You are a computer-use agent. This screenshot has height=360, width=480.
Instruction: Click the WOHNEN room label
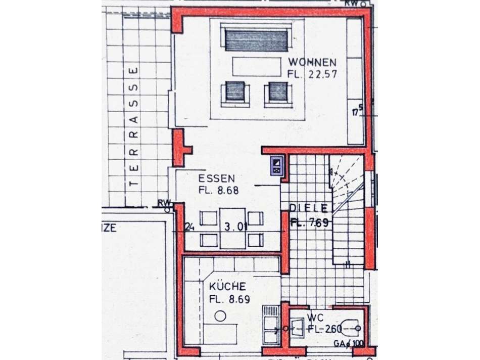click(312, 63)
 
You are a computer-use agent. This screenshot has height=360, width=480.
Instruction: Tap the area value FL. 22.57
click(312, 74)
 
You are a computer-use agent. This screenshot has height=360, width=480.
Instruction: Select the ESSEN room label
click(216, 178)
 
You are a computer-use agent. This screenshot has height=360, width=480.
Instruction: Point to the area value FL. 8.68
click(218, 191)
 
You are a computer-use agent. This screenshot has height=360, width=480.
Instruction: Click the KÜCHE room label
click(227, 287)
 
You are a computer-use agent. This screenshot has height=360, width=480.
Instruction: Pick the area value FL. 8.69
click(229, 299)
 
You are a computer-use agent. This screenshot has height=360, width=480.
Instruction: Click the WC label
click(314, 319)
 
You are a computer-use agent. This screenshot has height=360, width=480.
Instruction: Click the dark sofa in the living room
click(256, 40)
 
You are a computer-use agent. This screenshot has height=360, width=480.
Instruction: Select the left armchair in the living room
click(235, 93)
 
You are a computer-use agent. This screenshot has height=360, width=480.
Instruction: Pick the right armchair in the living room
click(278, 93)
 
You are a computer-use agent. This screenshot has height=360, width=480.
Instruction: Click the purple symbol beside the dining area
click(276, 166)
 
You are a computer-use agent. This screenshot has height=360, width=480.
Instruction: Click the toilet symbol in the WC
click(351, 329)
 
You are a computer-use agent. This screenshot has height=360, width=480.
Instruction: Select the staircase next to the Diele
click(348, 212)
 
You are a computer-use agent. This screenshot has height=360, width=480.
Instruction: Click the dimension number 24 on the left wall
click(190, 227)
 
